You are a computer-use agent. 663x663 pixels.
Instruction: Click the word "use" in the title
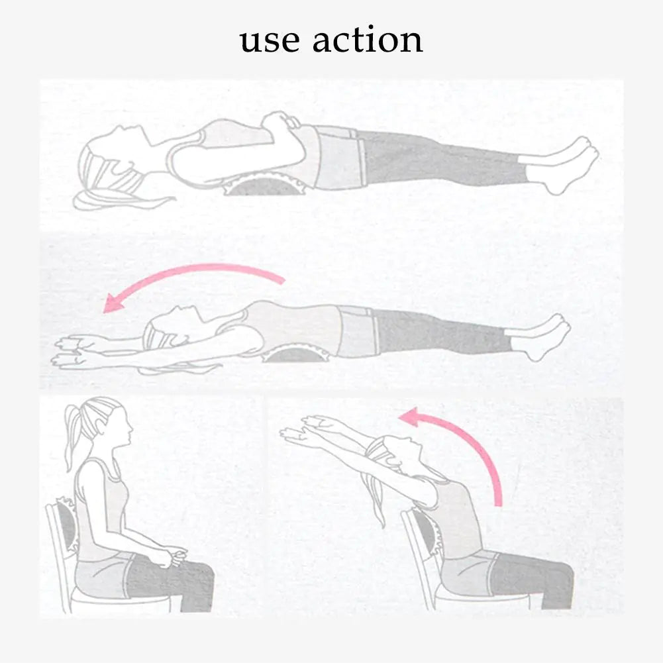pyautogui.click(x=270, y=42)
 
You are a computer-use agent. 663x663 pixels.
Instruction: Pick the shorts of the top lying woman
pyautogui.click(x=338, y=157)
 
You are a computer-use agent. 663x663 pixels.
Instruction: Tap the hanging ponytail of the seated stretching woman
pyautogui.click(x=374, y=499)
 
